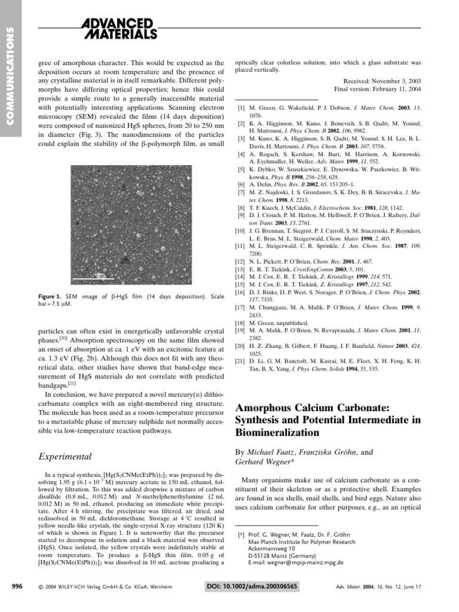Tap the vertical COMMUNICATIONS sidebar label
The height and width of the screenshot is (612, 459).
(10, 77)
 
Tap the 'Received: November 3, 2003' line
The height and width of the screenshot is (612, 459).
(382, 80)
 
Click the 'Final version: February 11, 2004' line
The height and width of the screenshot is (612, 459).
(378, 88)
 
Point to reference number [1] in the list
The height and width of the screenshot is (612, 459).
(241, 109)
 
